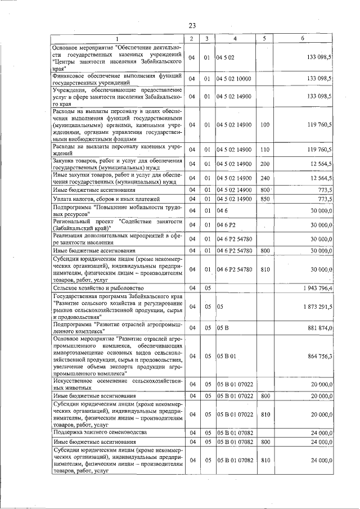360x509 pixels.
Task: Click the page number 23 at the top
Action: pyautogui.click(x=192, y=26)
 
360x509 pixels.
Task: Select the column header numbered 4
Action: pyautogui.click(x=235, y=38)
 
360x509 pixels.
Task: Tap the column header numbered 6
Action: pyautogui.click(x=302, y=38)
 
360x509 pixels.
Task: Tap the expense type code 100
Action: pyautogui.click(x=265, y=124)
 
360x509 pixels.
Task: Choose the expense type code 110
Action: pyautogui.click(x=265, y=149)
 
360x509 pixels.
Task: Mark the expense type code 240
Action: pyautogui.click(x=265, y=178)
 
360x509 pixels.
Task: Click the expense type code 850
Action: pyautogui.click(x=265, y=199)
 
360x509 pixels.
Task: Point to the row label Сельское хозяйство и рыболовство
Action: pyautogui.click(x=91, y=288)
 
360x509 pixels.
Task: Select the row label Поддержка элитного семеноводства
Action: pyautogui.click(x=100, y=432)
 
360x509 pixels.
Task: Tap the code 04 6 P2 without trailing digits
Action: pyautogui.click(x=226, y=225)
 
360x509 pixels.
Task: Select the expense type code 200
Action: pyautogui.click(x=265, y=164)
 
